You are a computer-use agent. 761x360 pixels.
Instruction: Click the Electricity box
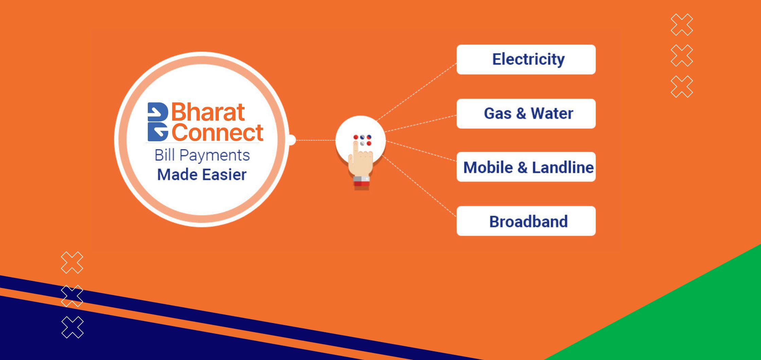pos(526,59)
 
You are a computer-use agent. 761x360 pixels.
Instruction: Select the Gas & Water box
pos(526,113)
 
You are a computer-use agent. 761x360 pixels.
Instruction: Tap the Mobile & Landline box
pos(526,167)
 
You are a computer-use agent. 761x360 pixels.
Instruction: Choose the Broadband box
pos(526,221)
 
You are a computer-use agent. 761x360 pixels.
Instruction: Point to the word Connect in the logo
pos(217,132)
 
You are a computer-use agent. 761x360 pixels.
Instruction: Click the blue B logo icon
pos(158,122)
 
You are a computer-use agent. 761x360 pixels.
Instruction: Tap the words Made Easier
pos(202,175)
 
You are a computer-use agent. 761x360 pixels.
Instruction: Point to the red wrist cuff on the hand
pos(361,184)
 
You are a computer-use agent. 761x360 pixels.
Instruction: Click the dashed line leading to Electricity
pos(417,92)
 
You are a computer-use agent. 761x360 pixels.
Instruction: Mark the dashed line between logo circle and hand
pos(316,140)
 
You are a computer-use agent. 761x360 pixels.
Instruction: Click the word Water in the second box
pos(552,113)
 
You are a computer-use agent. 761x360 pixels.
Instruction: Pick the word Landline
pos(563,167)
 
